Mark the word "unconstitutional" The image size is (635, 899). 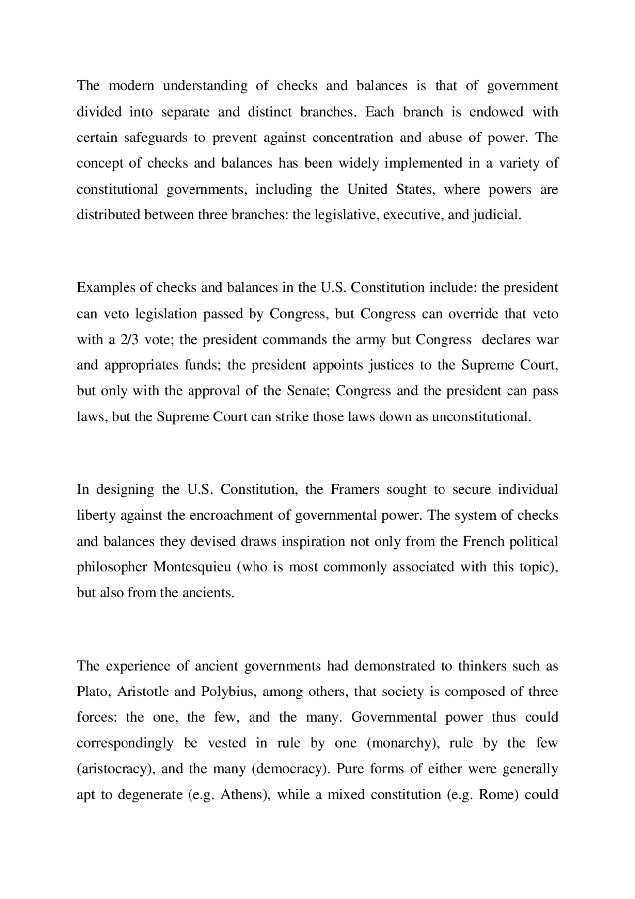click(481, 417)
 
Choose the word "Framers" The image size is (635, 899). click(355, 490)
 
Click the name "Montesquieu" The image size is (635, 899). click(192, 567)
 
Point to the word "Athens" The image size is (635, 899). click(245, 795)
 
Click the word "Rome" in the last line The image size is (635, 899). click(498, 795)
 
